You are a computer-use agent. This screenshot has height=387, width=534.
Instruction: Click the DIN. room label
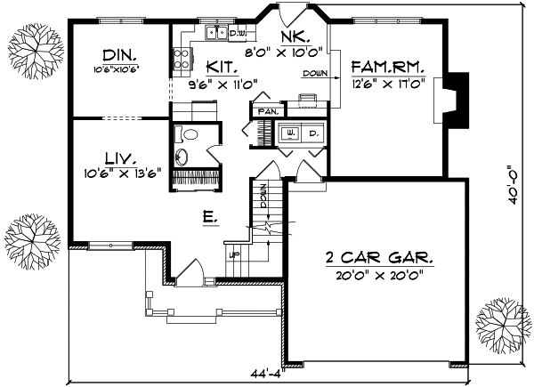[x=118, y=53]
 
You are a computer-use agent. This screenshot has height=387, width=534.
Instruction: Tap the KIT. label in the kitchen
[x=221, y=67]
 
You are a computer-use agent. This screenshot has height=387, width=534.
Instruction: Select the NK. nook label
[x=295, y=36]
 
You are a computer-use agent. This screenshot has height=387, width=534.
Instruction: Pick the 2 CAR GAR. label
[x=379, y=258]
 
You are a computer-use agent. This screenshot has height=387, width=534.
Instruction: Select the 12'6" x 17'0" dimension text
[x=388, y=83]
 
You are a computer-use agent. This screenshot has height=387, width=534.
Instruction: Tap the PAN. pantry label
[x=268, y=112]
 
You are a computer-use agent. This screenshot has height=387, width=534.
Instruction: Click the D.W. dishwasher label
[x=238, y=34]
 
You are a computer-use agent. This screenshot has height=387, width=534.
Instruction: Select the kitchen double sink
[x=214, y=35]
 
